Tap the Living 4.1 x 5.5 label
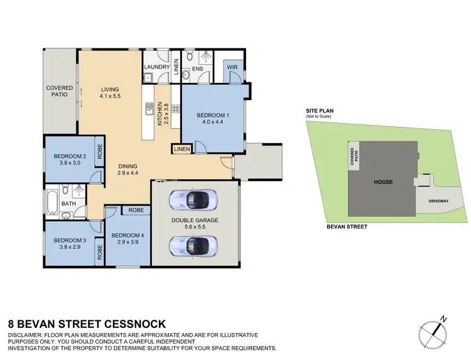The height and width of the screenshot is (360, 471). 109,92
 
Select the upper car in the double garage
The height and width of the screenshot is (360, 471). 189,199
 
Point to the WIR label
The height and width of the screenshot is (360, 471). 232,67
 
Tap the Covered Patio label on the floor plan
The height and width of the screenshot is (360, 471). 60,92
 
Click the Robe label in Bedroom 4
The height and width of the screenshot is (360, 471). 136,210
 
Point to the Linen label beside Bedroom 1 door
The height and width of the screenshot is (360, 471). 181,149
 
